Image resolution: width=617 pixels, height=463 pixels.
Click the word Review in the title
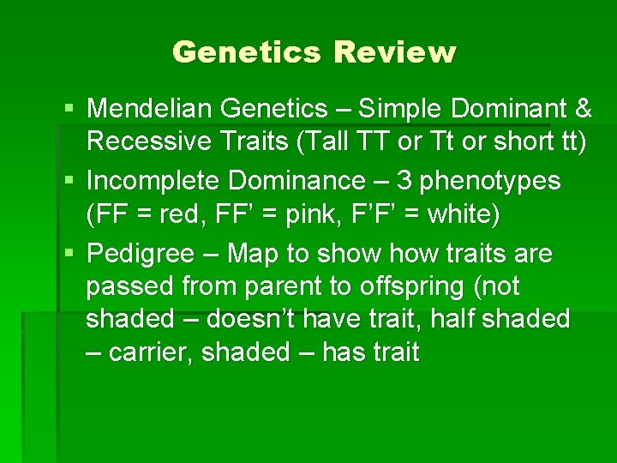tap(395, 53)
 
